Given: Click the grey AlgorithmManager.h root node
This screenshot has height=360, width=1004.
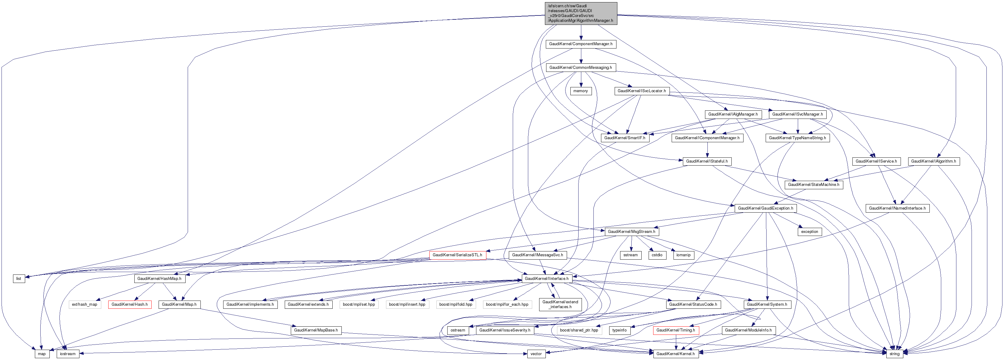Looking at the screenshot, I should [x=580, y=13].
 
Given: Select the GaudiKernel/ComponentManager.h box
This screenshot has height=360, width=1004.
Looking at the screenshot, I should [x=580, y=44].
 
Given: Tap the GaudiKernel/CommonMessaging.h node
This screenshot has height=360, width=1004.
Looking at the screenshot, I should [x=580, y=67].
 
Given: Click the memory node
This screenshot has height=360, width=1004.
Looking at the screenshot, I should [x=580, y=91].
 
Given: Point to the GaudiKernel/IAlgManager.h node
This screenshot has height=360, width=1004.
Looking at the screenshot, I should [x=733, y=114].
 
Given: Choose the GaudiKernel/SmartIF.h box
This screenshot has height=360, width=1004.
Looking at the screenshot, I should [x=625, y=138].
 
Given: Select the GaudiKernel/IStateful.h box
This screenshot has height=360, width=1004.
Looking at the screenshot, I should [x=707, y=161].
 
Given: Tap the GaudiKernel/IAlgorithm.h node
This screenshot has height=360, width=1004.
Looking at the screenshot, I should [x=933, y=161].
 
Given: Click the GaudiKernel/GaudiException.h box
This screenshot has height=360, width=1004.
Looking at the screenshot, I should [x=765, y=208].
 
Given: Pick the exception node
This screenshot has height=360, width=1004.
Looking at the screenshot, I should [x=810, y=231].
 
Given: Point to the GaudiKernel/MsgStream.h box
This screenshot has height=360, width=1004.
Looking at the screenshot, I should [x=631, y=231].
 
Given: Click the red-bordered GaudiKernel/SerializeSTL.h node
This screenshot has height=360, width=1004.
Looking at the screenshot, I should [x=457, y=255].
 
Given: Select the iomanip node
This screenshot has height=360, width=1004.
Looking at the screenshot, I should [x=683, y=255].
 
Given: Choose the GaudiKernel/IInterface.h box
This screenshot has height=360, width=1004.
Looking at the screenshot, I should [x=546, y=279].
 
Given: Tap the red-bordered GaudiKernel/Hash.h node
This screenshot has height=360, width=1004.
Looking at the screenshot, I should [x=129, y=304].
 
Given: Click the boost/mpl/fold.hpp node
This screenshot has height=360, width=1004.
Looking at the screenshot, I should [x=455, y=304].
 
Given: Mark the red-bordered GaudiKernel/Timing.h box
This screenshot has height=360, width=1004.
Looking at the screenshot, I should [x=675, y=330].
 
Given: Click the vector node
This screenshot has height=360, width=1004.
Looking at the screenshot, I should [x=536, y=354].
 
